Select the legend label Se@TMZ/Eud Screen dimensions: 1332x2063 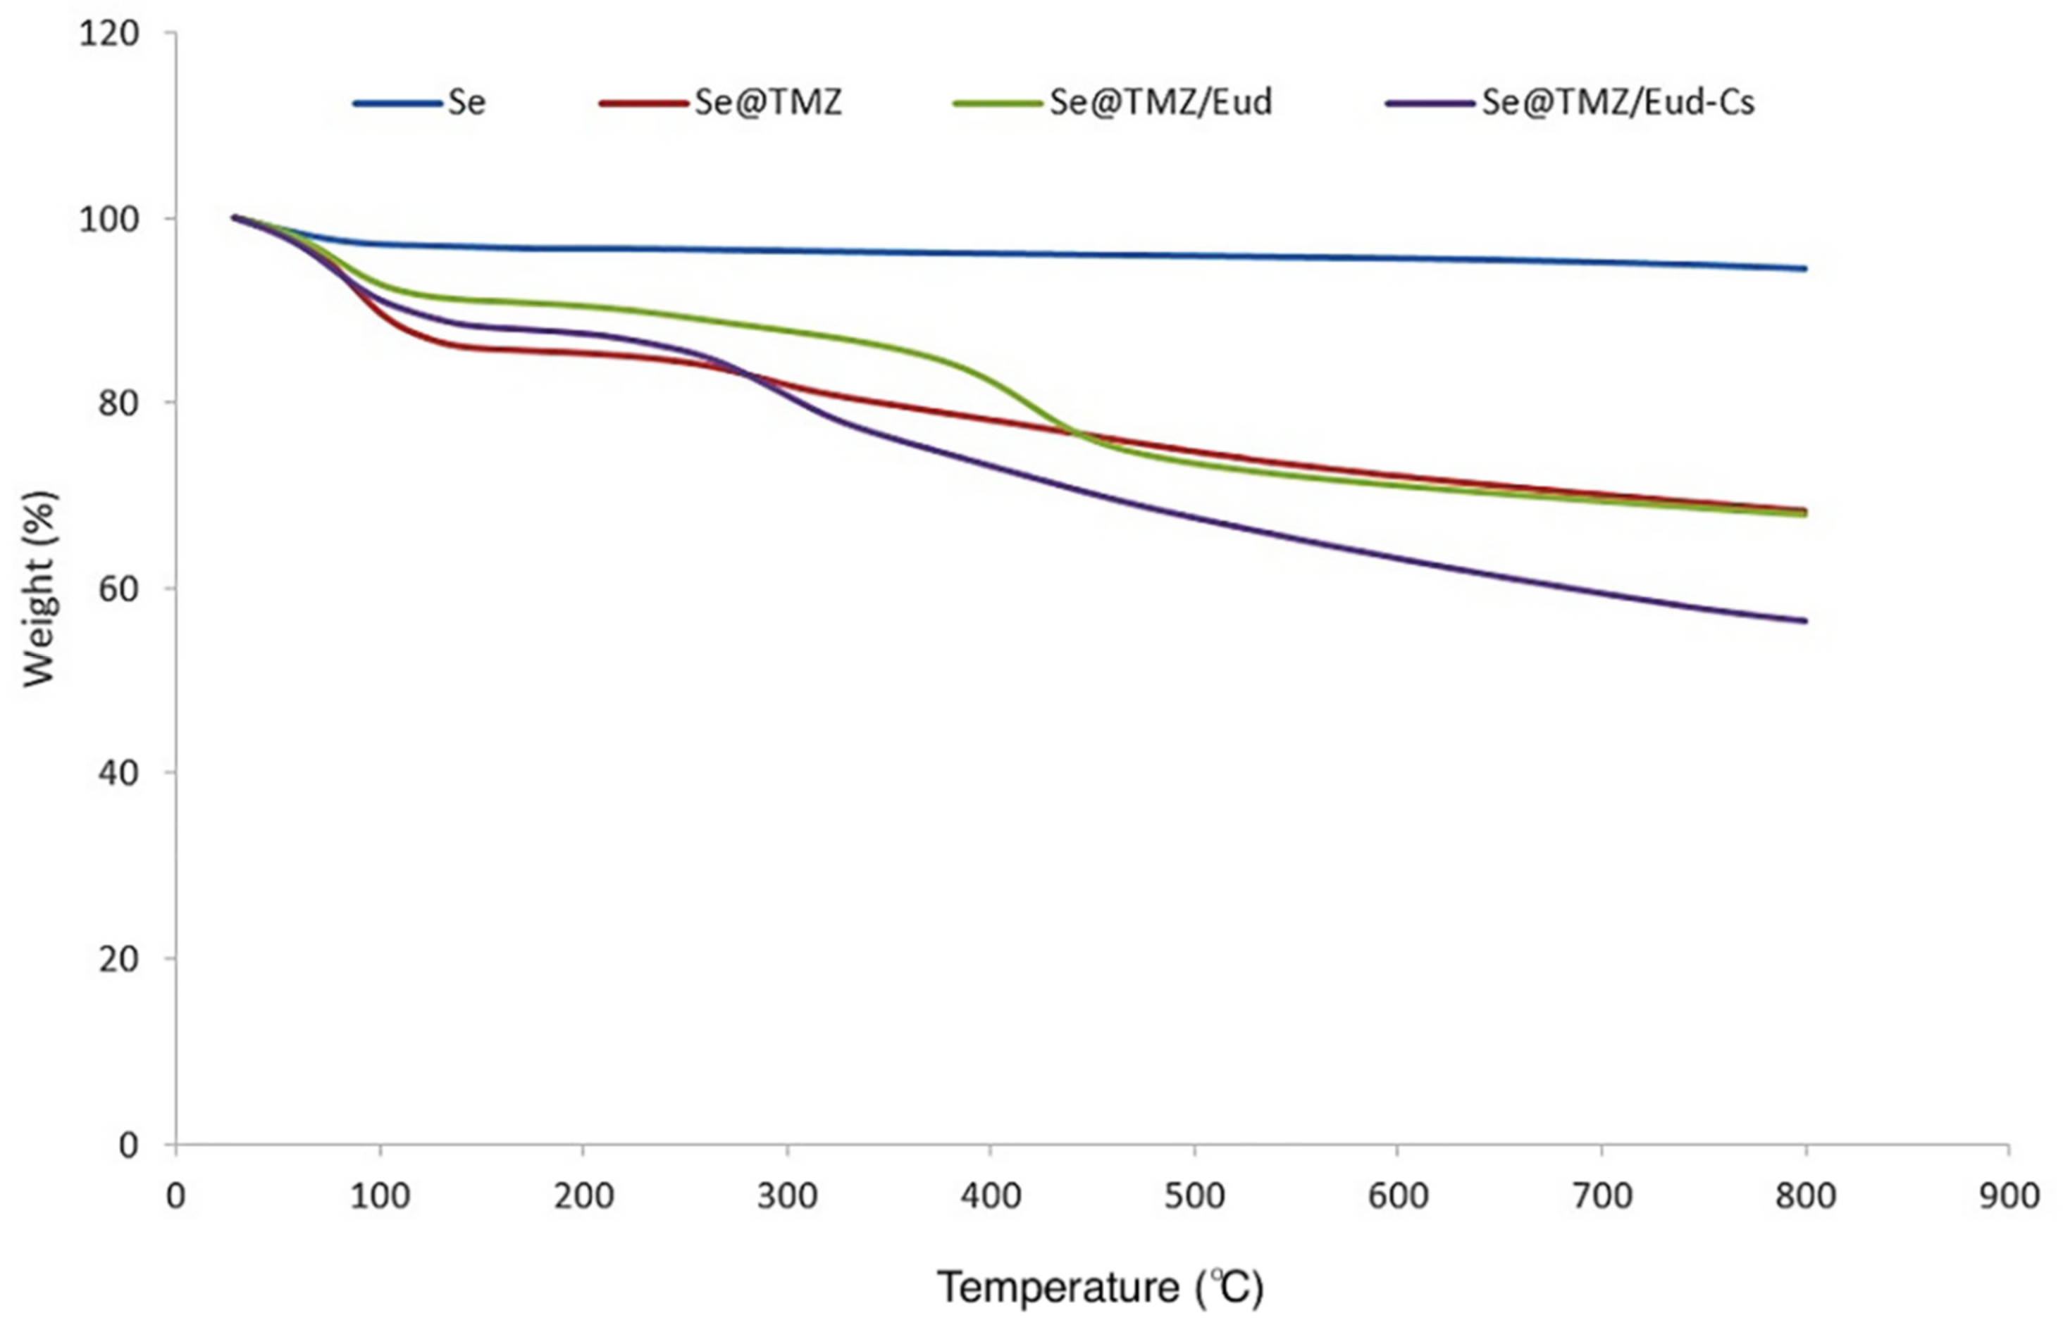(x=1160, y=103)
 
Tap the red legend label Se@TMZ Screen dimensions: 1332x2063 (x=767, y=103)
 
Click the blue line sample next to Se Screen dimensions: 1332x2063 (x=397, y=103)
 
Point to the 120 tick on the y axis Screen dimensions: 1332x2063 (x=109, y=34)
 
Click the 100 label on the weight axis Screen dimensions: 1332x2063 (x=109, y=219)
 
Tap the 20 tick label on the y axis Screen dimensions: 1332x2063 (x=118, y=959)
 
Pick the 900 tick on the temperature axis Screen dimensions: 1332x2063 (x=2009, y=1196)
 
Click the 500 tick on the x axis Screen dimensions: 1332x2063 (x=1194, y=1196)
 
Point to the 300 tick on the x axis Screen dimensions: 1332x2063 (x=786, y=1196)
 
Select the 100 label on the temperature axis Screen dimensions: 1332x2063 (x=379, y=1196)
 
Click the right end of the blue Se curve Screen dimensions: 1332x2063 (x=1805, y=269)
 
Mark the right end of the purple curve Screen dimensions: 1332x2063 (x=1805, y=621)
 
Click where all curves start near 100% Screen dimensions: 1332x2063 (x=234, y=217)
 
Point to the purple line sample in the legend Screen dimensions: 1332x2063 (x=1429, y=103)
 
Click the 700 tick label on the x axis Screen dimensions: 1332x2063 (x=1602, y=1196)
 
